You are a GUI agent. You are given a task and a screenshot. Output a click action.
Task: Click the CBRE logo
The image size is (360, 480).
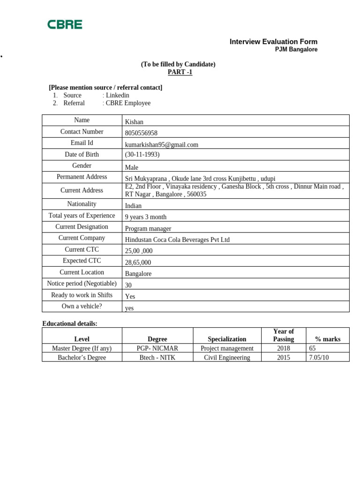[65, 24]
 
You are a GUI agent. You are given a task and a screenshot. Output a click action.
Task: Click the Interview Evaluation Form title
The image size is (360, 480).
[273, 42]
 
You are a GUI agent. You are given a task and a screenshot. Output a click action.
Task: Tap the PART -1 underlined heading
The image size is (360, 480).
[180, 72]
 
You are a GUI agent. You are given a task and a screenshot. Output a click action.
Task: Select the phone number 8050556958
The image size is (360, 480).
[141, 133]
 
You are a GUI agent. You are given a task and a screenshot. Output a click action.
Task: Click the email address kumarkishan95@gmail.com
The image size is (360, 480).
[161, 145]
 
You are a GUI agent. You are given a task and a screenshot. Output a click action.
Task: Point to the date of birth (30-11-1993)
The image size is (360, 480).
[142, 154]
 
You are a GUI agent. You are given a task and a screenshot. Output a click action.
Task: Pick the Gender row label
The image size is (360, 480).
[82, 165]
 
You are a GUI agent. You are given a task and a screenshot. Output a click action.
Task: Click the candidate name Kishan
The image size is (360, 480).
[134, 122]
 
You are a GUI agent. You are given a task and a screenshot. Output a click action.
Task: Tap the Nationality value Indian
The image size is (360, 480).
[133, 206]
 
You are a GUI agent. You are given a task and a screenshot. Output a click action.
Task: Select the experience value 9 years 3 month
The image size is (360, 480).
[145, 217]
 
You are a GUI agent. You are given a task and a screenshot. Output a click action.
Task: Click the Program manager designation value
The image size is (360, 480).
[148, 229]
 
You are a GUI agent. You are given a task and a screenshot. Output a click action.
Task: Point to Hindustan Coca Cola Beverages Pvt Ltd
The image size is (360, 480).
[177, 240]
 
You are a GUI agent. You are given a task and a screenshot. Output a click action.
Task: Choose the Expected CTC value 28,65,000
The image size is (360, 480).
[138, 262]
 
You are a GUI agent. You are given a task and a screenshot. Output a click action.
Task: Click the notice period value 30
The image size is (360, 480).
[128, 285]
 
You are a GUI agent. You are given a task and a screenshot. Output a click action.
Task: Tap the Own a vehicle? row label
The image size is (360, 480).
[82, 306]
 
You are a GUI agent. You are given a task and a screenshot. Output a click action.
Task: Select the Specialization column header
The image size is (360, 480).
[227, 339]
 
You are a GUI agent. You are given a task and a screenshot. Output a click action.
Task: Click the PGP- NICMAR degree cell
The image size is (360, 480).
[157, 348]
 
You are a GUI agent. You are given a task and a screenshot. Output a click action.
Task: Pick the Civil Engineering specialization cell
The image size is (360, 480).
[227, 358]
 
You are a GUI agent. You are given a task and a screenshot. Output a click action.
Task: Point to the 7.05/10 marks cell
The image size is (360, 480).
[319, 358]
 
